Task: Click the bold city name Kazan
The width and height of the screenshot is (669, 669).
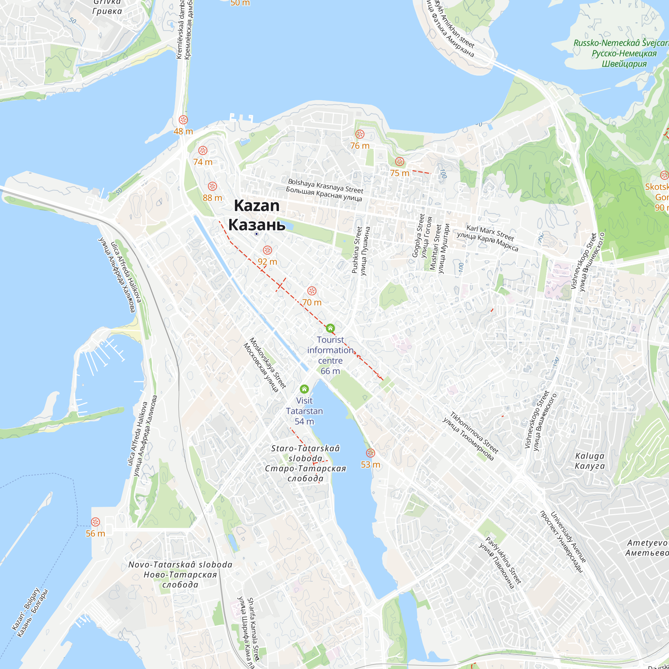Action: point(257,206)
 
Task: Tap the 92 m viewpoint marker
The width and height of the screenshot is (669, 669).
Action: point(267,250)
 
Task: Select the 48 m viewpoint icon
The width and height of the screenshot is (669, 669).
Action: point(183,120)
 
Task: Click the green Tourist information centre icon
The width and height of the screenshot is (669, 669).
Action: point(330,328)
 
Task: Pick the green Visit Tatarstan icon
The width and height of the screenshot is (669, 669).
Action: point(304,389)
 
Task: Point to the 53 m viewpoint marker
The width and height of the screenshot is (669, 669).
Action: point(371,453)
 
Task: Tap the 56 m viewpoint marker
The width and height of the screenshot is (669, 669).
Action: point(95,522)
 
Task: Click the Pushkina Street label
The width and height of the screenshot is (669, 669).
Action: point(357,250)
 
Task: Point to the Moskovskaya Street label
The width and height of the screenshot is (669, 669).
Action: point(268,363)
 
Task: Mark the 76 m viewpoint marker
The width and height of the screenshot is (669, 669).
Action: point(360,134)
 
